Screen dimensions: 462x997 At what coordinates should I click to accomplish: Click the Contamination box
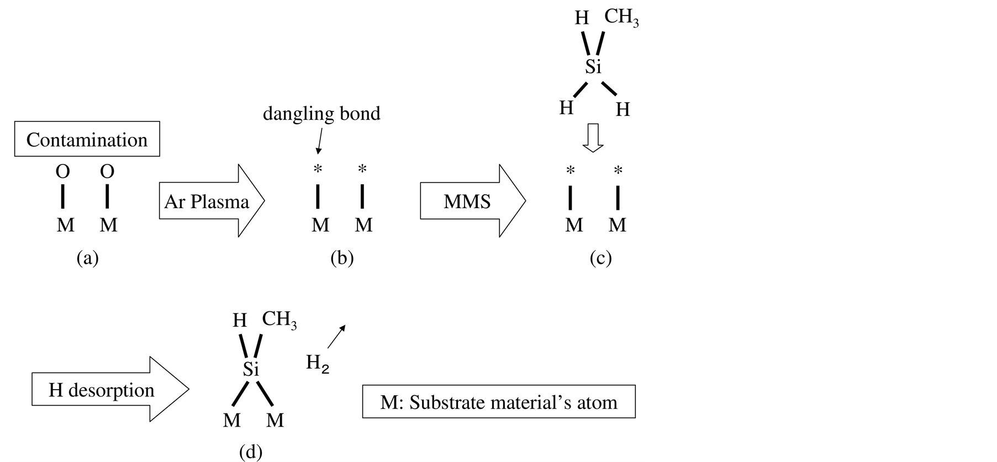pyautogui.click(x=87, y=139)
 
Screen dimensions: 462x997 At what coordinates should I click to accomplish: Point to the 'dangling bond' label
pyautogui.click(x=321, y=114)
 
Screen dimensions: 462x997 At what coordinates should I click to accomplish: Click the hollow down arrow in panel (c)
pyautogui.click(x=593, y=137)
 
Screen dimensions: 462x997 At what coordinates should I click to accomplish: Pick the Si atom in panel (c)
pyautogui.click(x=593, y=67)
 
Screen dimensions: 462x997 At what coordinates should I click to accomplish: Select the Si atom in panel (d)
pyautogui.click(x=251, y=369)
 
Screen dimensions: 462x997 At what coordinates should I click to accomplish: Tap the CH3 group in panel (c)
pyautogui.click(x=621, y=17)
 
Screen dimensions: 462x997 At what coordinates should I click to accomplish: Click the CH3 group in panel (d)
pyautogui.click(x=279, y=319)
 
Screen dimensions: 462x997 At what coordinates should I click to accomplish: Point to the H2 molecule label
pyautogui.click(x=317, y=363)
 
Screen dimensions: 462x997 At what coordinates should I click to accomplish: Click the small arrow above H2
pyautogui.click(x=336, y=336)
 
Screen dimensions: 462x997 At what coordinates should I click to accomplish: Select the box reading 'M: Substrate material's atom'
pyautogui.click(x=499, y=402)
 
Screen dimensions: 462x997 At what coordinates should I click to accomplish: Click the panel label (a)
pyautogui.click(x=87, y=258)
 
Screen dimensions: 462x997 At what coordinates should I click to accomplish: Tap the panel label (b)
pyautogui.click(x=341, y=258)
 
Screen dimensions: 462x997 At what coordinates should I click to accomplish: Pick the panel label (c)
pyautogui.click(x=600, y=258)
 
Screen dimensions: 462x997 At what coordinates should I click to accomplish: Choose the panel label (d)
pyautogui.click(x=250, y=452)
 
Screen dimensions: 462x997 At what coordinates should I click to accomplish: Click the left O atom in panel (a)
pyautogui.click(x=63, y=172)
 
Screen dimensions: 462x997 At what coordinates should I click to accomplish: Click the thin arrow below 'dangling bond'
pyautogui.click(x=319, y=141)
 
